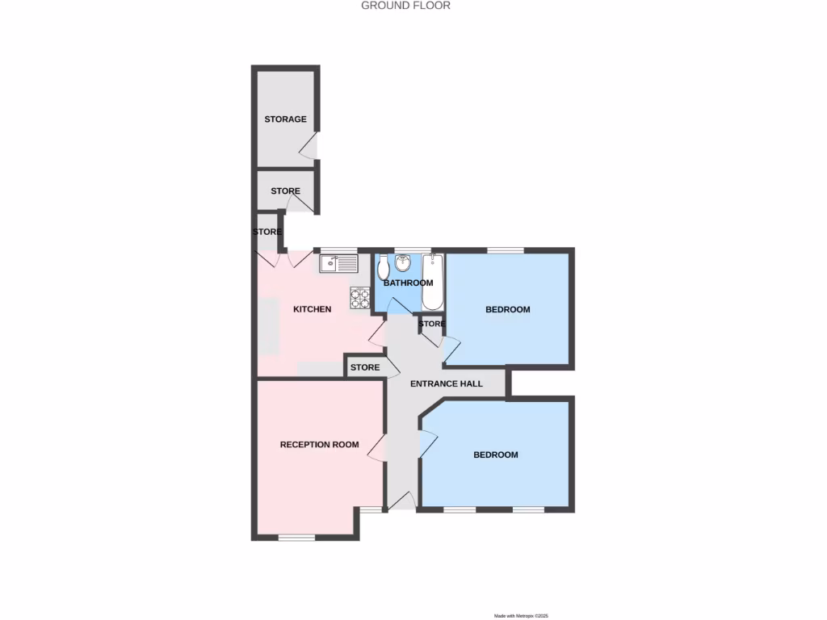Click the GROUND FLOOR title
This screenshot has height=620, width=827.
coord(405,6)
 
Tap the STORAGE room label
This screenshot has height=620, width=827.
coord(285,119)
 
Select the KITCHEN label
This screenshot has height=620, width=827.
coord(312,309)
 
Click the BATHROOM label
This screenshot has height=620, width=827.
coord(408,283)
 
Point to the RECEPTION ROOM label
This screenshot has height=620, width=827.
coord(319,445)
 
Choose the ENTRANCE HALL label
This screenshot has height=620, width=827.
coord(446,383)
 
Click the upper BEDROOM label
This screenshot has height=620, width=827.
coord(507,309)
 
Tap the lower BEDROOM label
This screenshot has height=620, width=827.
coord(495,455)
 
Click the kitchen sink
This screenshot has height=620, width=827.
coord(338,263)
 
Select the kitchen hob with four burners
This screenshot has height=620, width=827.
coord(360,298)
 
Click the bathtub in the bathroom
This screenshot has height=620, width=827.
coord(433,282)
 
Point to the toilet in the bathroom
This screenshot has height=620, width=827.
coord(383,266)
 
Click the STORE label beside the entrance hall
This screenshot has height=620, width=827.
coord(364,367)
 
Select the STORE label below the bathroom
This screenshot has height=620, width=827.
coord(431,324)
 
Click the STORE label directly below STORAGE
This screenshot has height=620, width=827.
coord(285,191)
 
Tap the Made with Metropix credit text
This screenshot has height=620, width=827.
coord(521,616)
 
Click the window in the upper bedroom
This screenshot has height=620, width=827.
coord(504,249)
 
